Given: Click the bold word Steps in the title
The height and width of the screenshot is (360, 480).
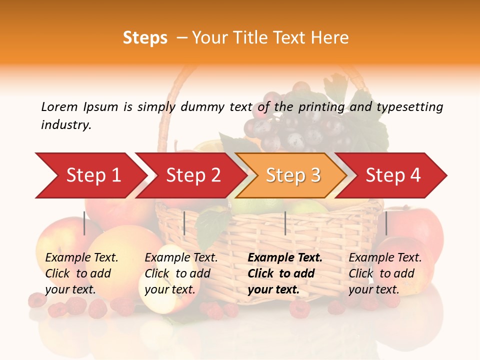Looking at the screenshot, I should (x=145, y=38).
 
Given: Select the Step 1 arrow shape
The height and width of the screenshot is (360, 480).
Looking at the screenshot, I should (x=90, y=175).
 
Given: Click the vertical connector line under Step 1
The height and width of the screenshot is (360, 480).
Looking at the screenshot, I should (x=84, y=223).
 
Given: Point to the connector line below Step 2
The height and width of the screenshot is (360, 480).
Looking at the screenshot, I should (x=184, y=223).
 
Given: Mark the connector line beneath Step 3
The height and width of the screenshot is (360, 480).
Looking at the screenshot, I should (x=285, y=223).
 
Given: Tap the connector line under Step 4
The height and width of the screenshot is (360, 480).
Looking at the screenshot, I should (x=386, y=223).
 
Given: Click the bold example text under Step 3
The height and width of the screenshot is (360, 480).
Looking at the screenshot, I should (x=285, y=273).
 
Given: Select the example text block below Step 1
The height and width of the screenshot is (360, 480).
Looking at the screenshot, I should (x=81, y=273).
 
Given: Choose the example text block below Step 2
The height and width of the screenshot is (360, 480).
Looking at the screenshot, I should (x=181, y=273).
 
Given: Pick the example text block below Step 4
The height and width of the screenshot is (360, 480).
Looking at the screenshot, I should (x=385, y=273).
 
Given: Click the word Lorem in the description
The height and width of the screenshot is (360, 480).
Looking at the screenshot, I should (x=59, y=107).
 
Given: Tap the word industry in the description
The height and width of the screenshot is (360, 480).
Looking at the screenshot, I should (x=66, y=125).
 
